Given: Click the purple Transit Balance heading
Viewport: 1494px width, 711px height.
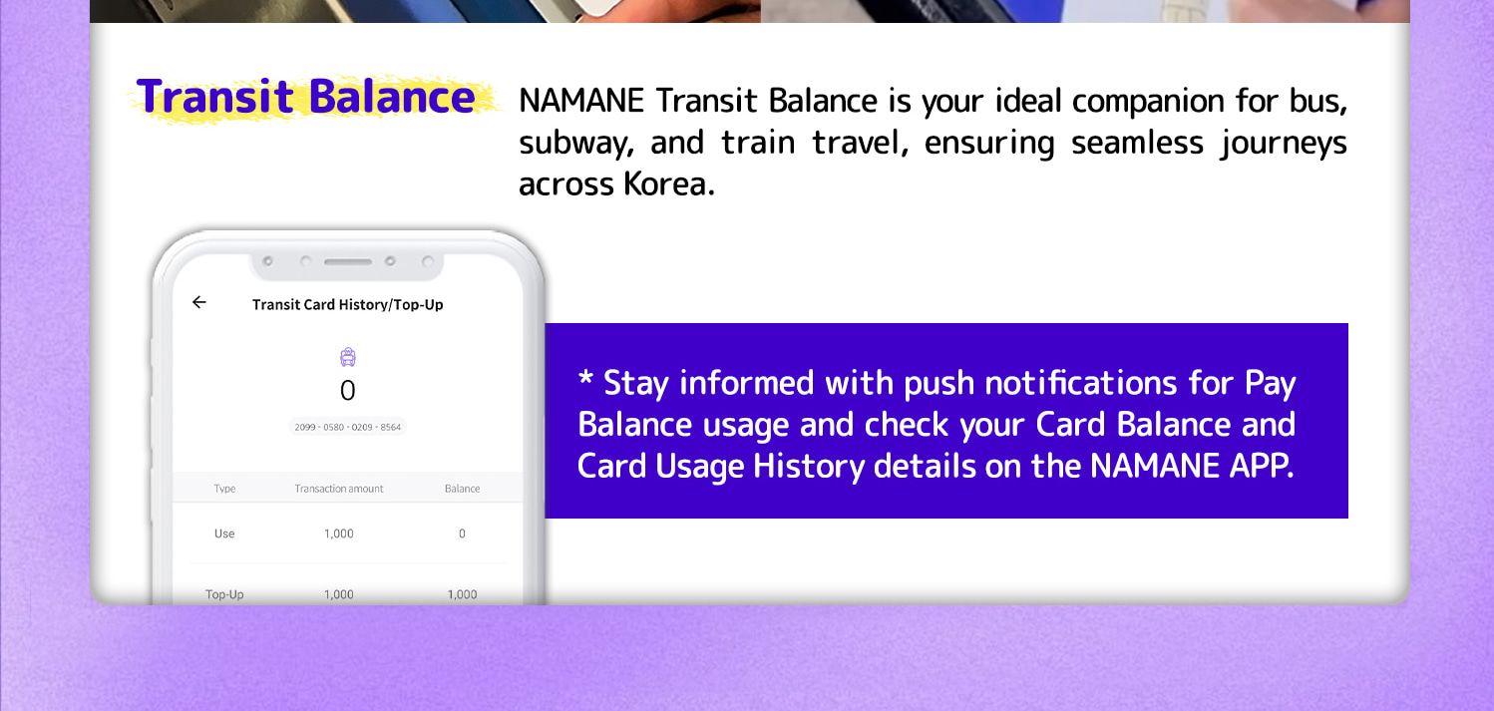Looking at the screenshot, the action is click(305, 97).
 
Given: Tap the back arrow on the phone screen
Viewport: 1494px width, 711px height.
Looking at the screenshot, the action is click(198, 302).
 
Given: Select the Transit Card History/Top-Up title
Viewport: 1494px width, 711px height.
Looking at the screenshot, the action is click(347, 305).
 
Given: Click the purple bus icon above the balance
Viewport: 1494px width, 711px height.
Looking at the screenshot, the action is click(347, 357).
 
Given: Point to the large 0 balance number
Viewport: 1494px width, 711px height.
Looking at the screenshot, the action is click(347, 390).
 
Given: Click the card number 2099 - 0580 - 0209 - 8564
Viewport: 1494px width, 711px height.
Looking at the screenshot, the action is click(347, 427).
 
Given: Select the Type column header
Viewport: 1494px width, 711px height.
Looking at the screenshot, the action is click(224, 489).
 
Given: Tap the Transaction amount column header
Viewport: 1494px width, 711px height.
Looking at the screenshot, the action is click(339, 489).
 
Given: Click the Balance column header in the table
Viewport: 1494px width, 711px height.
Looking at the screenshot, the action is click(462, 489).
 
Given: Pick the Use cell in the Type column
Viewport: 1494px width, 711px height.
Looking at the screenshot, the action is click(224, 533).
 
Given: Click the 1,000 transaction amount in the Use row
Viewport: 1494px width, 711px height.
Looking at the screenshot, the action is click(339, 533).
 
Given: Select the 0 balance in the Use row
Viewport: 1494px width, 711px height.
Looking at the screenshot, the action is click(462, 533).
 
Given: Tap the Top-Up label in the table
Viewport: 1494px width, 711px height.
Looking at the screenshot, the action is click(224, 594).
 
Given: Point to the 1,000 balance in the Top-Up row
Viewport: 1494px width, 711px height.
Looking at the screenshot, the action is click(462, 594).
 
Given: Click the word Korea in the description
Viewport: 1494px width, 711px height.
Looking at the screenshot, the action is click(669, 184).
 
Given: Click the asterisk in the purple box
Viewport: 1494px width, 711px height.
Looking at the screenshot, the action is click(585, 378).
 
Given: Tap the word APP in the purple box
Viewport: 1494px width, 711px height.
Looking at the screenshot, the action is click(1262, 466).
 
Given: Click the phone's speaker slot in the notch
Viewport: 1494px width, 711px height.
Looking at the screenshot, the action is click(347, 261).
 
